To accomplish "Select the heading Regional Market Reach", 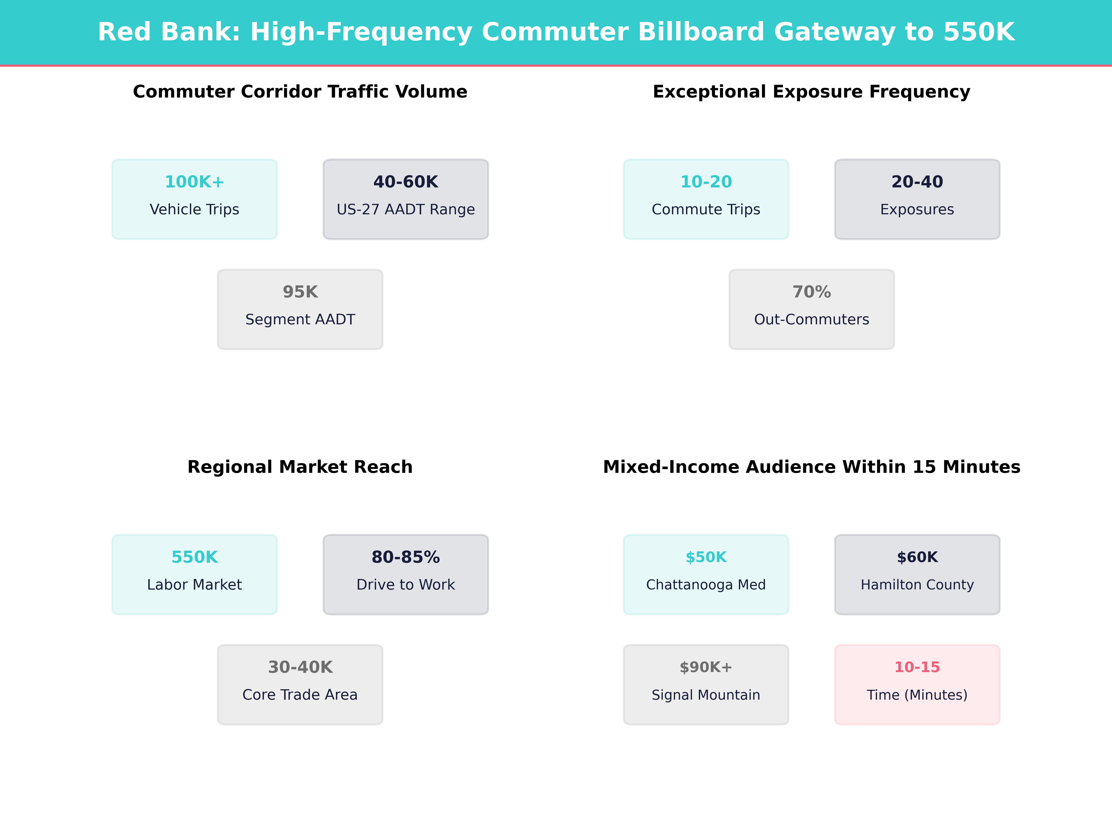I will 300,467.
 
